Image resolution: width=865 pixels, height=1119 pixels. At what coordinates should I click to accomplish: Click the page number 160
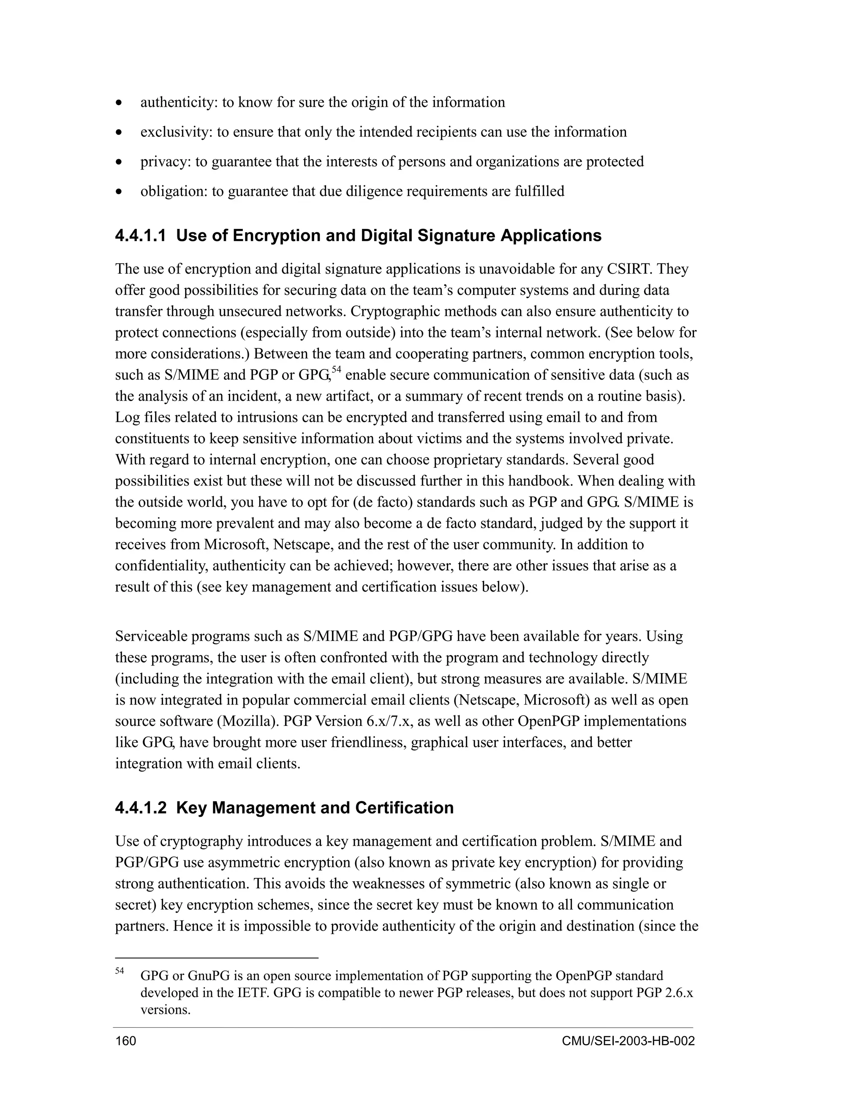click(x=125, y=1041)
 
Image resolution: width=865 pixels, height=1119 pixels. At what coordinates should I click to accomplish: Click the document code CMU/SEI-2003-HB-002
click(x=628, y=1041)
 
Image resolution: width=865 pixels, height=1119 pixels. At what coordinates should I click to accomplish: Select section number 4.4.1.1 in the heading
click(x=141, y=236)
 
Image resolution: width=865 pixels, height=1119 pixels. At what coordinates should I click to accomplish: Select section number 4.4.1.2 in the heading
click(x=141, y=808)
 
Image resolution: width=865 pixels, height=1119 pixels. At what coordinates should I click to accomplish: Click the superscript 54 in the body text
click(x=336, y=370)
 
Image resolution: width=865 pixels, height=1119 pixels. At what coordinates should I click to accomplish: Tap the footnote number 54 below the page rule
click(x=120, y=971)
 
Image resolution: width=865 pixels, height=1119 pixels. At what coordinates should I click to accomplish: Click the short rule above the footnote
click(x=216, y=957)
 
